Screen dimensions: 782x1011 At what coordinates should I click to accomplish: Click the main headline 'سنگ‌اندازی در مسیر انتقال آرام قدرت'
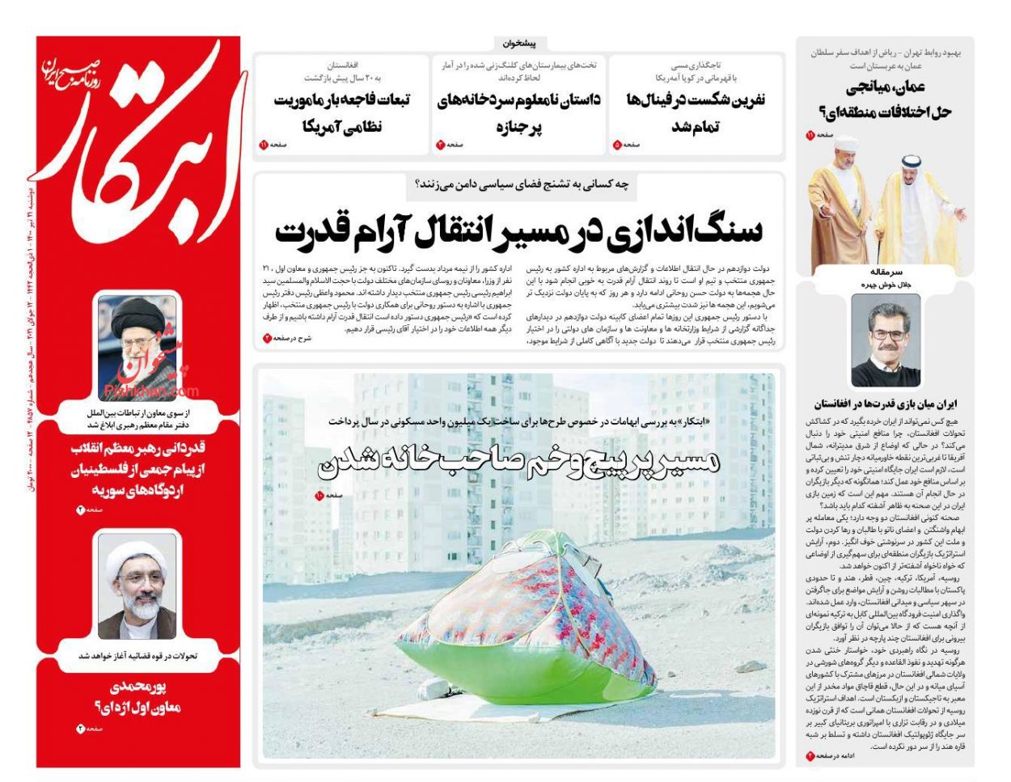point(518,230)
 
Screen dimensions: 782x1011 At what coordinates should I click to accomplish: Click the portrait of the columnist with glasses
point(885,340)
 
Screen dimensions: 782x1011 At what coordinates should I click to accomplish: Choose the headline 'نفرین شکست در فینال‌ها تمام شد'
point(695,112)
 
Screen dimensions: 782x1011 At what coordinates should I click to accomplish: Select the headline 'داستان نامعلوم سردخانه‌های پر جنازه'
point(518,112)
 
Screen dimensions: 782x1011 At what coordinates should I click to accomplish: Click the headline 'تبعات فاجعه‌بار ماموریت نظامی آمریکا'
point(341,112)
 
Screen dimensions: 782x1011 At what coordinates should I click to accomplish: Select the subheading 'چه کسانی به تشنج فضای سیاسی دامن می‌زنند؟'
point(520,185)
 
